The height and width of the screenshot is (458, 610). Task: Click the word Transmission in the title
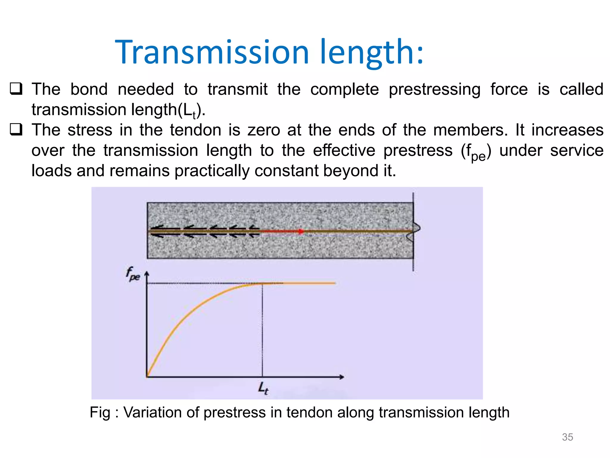(x=212, y=52)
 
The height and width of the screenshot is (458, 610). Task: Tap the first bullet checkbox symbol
(x=16, y=89)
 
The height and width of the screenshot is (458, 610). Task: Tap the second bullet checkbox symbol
(x=16, y=130)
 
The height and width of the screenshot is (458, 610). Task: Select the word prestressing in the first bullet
(x=435, y=89)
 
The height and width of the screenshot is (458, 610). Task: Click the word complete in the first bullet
(x=345, y=89)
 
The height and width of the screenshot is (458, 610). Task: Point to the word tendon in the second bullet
(x=196, y=130)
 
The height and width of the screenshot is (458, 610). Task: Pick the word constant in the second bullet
(x=287, y=171)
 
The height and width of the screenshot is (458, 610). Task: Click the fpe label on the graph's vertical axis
(x=133, y=274)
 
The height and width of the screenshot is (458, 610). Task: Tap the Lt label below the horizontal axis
(x=263, y=388)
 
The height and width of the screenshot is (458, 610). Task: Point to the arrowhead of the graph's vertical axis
(x=147, y=273)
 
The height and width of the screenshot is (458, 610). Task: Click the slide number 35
(x=567, y=437)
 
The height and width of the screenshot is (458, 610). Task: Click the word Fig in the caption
(x=100, y=413)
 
